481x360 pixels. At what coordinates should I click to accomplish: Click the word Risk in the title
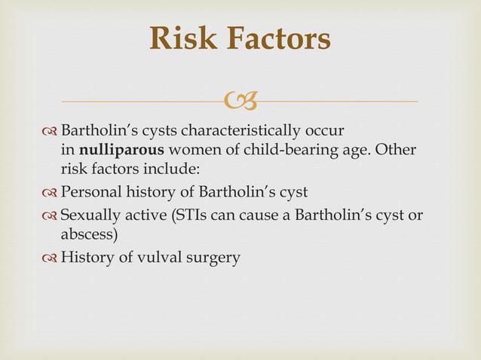[179, 39]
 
